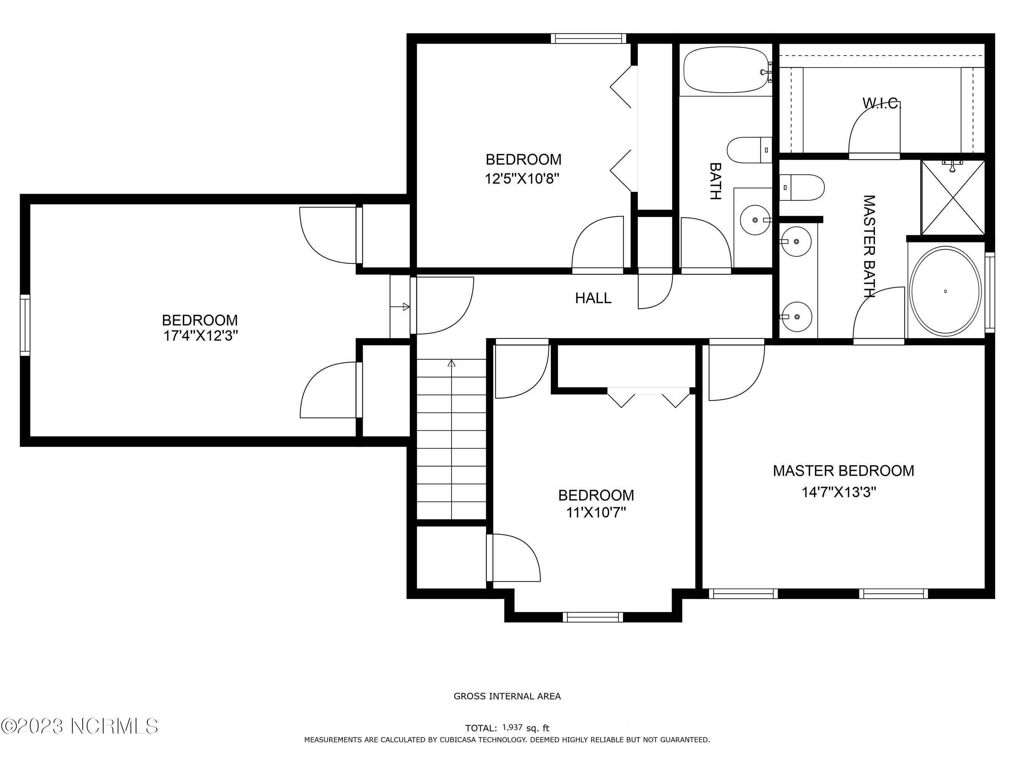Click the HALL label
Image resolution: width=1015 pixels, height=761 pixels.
tap(593, 298)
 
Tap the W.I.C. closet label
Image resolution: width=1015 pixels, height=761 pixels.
tap(881, 103)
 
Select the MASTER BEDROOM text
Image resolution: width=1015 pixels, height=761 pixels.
tap(843, 471)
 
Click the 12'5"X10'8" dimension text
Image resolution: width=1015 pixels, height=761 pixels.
tap(522, 178)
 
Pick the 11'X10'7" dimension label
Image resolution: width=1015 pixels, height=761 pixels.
tap(596, 513)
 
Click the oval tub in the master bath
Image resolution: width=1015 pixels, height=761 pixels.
tap(945, 291)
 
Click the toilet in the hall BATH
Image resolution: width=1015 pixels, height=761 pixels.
tap(749, 150)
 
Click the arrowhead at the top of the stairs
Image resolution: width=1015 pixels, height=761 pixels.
tap(451, 363)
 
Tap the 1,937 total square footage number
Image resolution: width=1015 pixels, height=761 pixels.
tap(513, 728)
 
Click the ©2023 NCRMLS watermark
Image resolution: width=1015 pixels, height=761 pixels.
tap(80, 726)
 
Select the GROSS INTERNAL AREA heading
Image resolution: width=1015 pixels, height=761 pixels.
tap(507, 696)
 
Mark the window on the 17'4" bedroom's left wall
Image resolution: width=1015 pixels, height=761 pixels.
tap(25, 325)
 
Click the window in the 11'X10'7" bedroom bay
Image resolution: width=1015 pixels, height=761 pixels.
tap(593, 617)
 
